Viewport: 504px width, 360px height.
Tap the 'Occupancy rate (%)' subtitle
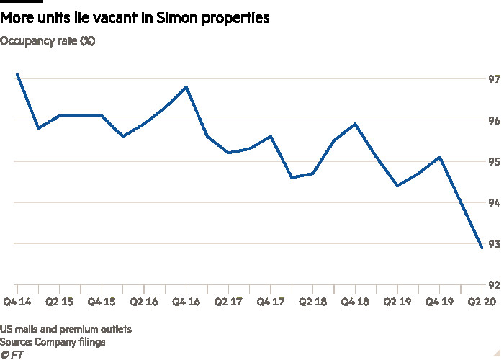(48, 42)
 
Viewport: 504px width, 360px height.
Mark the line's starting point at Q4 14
(17, 74)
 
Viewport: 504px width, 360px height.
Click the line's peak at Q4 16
(186, 87)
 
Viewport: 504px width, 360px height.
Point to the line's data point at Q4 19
(439, 157)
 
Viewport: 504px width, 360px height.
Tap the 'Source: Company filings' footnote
(53, 342)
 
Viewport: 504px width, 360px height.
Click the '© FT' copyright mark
(12, 354)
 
